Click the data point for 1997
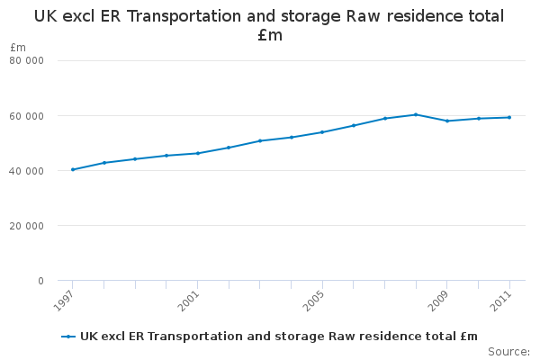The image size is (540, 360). [72, 169]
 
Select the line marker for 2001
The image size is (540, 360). [197, 153]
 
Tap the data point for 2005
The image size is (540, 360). [322, 132]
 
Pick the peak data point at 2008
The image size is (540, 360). [416, 114]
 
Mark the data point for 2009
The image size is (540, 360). [447, 121]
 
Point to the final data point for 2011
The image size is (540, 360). [509, 117]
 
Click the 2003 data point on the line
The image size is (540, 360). [260, 140]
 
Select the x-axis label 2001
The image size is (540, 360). [190, 301]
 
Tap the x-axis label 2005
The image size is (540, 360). [315, 301]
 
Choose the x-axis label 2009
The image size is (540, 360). [440, 301]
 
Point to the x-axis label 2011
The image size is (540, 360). [502, 301]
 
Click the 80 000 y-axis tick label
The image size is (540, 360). [27, 61]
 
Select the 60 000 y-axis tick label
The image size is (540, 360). [27, 116]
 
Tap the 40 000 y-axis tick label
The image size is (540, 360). [27, 171]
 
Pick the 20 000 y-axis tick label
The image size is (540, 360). [27, 226]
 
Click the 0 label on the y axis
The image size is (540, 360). [40, 281]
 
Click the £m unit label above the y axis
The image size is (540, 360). [18, 47]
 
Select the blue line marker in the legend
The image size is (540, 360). [68, 337]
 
